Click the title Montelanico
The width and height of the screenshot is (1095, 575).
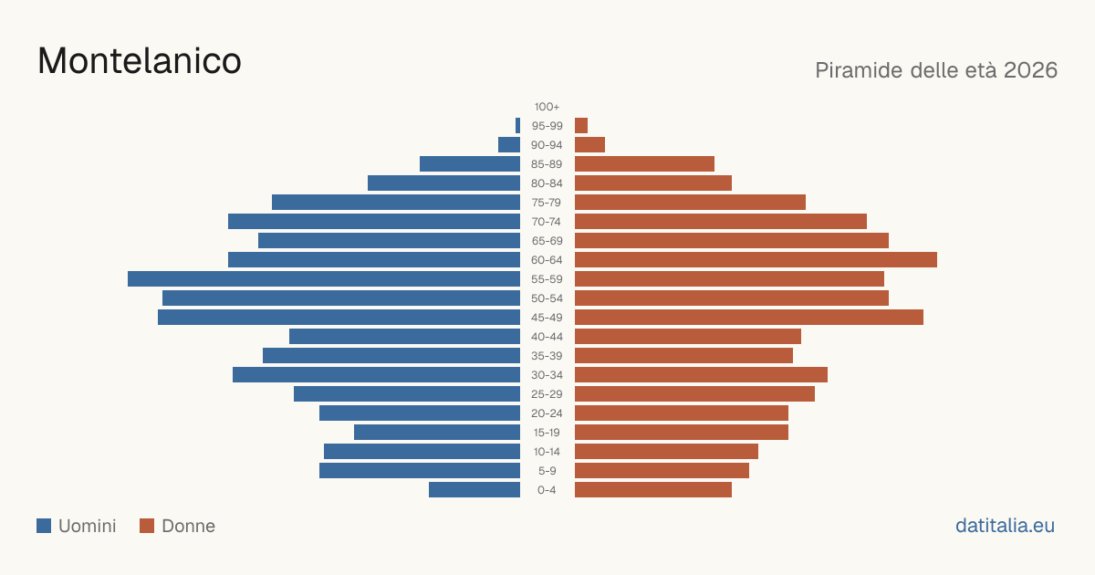[x=140, y=61]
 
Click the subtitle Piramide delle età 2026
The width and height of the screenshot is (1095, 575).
[x=936, y=70]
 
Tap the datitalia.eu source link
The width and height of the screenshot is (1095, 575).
[x=1005, y=526]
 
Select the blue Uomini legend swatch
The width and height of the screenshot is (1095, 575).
[x=44, y=526]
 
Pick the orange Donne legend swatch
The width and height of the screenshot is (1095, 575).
[x=147, y=526]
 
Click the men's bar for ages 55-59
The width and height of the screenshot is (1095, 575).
[x=324, y=278]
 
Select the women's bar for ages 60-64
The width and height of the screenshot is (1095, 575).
[x=756, y=259]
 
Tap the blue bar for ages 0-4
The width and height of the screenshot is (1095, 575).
[x=474, y=489]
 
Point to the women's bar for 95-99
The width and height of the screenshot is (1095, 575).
[x=581, y=126]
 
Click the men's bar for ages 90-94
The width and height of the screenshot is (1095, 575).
[x=509, y=145]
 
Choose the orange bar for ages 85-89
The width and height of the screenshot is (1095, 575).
[x=644, y=163]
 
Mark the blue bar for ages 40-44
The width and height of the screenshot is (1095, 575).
[x=404, y=337]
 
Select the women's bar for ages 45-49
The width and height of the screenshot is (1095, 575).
[x=749, y=318]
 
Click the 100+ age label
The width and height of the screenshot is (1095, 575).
[x=547, y=107]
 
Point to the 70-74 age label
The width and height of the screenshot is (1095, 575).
[x=547, y=222]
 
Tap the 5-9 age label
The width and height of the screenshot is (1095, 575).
[x=547, y=470]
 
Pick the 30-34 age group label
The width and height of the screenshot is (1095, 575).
[x=547, y=374]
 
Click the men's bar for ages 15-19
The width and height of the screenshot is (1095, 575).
[x=437, y=433]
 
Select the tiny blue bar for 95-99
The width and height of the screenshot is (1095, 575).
[x=517, y=126]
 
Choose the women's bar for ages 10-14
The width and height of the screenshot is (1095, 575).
[x=666, y=451]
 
